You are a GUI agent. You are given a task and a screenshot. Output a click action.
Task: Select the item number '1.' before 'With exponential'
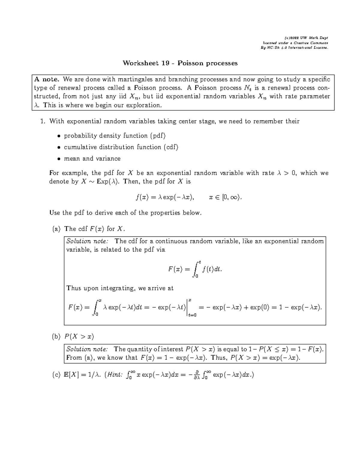click(43, 122)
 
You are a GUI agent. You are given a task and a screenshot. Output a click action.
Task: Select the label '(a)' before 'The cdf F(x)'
click(56, 229)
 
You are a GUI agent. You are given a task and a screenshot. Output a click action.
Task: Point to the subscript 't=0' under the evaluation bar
click(192, 315)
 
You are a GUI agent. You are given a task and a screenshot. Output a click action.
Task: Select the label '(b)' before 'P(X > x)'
click(56, 337)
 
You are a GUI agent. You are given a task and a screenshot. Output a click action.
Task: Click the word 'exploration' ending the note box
click(144, 105)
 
